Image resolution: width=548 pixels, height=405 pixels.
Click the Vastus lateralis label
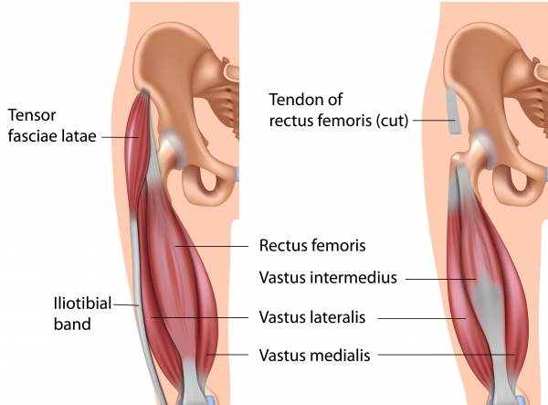[312, 318]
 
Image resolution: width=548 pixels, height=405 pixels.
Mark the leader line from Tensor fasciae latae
[119, 137]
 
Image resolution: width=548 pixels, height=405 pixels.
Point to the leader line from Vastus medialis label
[448, 354]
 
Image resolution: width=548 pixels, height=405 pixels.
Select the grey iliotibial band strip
[136, 274]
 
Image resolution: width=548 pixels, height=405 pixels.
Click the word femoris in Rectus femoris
[339, 246]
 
